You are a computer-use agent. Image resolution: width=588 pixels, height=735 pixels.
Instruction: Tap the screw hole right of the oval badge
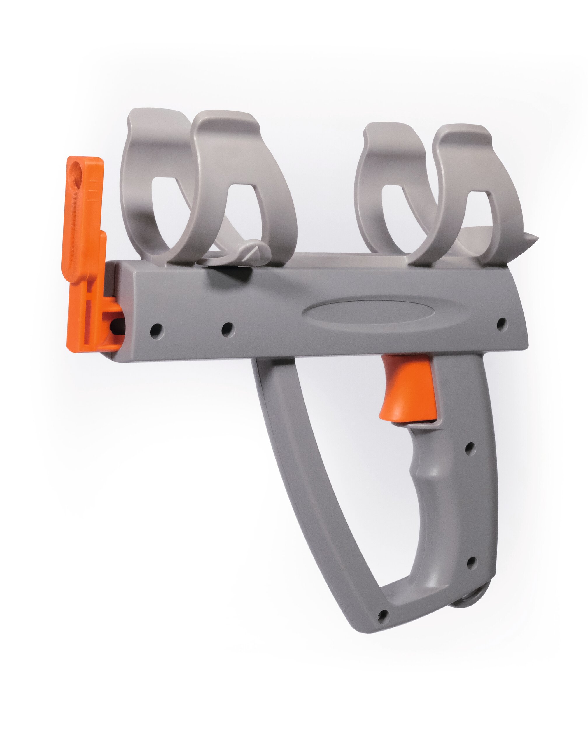tap(501, 323)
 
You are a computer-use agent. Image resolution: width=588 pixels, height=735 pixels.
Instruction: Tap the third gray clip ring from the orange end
tap(378, 191)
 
